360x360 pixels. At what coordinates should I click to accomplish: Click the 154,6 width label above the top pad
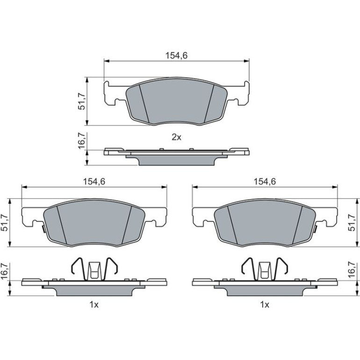(177, 55)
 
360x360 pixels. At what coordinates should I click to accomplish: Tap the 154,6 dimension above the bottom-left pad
(94, 181)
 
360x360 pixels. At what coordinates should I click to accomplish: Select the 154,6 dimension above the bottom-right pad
(265, 181)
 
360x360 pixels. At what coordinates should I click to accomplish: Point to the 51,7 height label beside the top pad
(82, 101)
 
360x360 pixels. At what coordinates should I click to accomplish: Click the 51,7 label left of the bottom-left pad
(5, 223)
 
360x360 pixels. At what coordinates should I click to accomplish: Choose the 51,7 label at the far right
(352, 223)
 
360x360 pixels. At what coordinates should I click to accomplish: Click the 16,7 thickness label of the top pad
(82, 141)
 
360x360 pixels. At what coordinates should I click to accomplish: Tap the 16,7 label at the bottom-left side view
(5, 271)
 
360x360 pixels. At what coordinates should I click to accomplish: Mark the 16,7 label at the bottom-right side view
(352, 271)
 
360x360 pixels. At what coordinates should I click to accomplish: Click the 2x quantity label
(177, 137)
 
